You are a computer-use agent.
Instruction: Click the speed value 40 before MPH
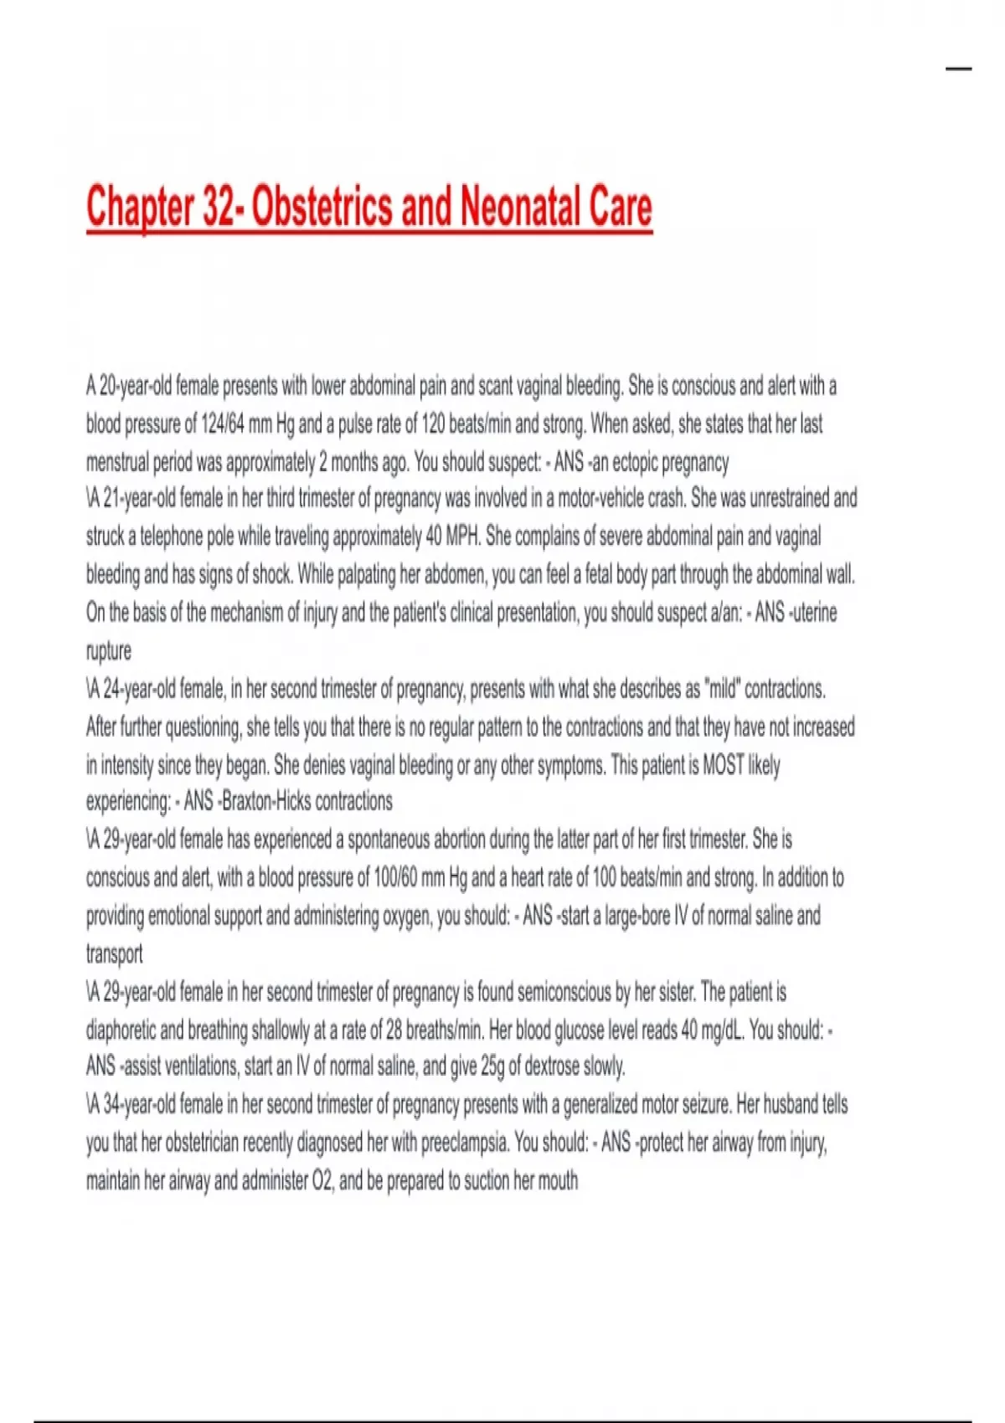433,536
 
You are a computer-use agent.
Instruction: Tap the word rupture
109,650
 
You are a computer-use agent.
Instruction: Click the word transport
114,953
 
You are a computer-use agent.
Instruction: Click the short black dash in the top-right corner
959,69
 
